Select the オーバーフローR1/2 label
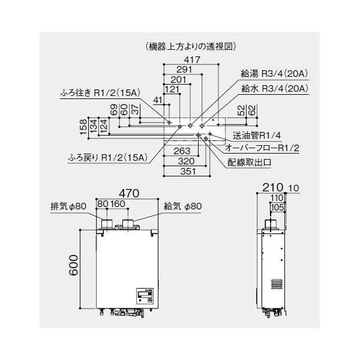coord(262,147)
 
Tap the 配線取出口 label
coord(250,162)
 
